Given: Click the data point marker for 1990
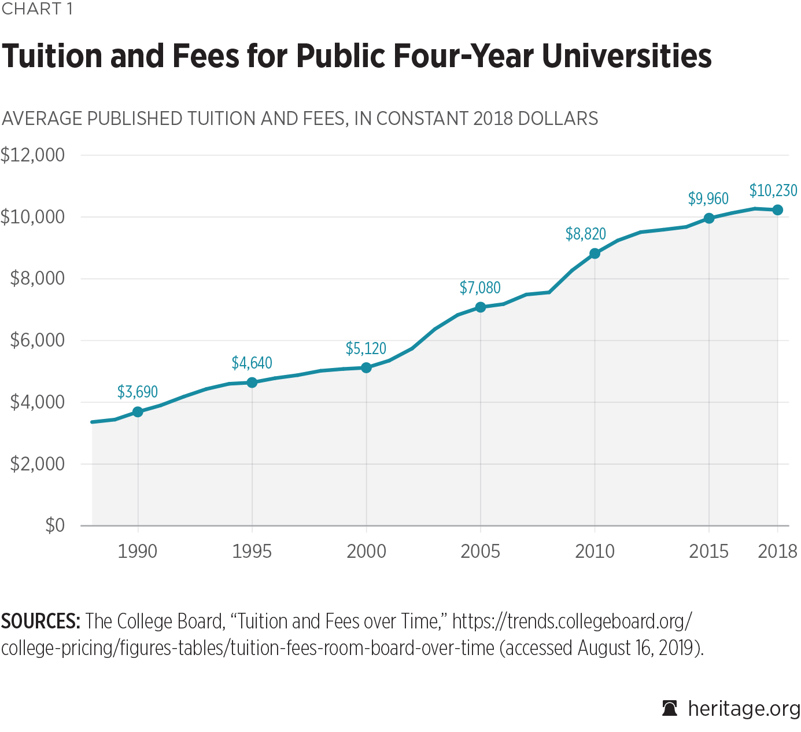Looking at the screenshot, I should pos(138,412).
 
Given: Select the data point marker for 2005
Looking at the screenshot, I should pos(480,307).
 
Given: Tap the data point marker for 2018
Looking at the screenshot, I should pos(777,210).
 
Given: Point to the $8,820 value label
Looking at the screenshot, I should pos(585,234).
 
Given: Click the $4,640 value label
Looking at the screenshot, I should pos(252,363).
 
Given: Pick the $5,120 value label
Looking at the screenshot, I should pos(366,349).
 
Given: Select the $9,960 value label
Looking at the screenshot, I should pos(708,199).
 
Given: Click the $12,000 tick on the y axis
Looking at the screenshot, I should pos(32,155).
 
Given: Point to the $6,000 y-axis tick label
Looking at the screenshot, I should pos(37,340).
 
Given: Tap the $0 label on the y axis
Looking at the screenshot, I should pos(55,525).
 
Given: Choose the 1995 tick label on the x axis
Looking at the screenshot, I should pos(252,551).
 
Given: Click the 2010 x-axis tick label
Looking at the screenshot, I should pos(595,551).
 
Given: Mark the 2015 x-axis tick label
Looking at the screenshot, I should pos(708,551).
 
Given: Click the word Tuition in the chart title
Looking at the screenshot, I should pos(53,56).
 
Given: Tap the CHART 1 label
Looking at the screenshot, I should pos(37,9).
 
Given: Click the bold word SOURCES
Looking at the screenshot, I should pos(40,621).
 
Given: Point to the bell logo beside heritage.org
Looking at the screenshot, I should pos(670,708).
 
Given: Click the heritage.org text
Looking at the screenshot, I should pos(744,708).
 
